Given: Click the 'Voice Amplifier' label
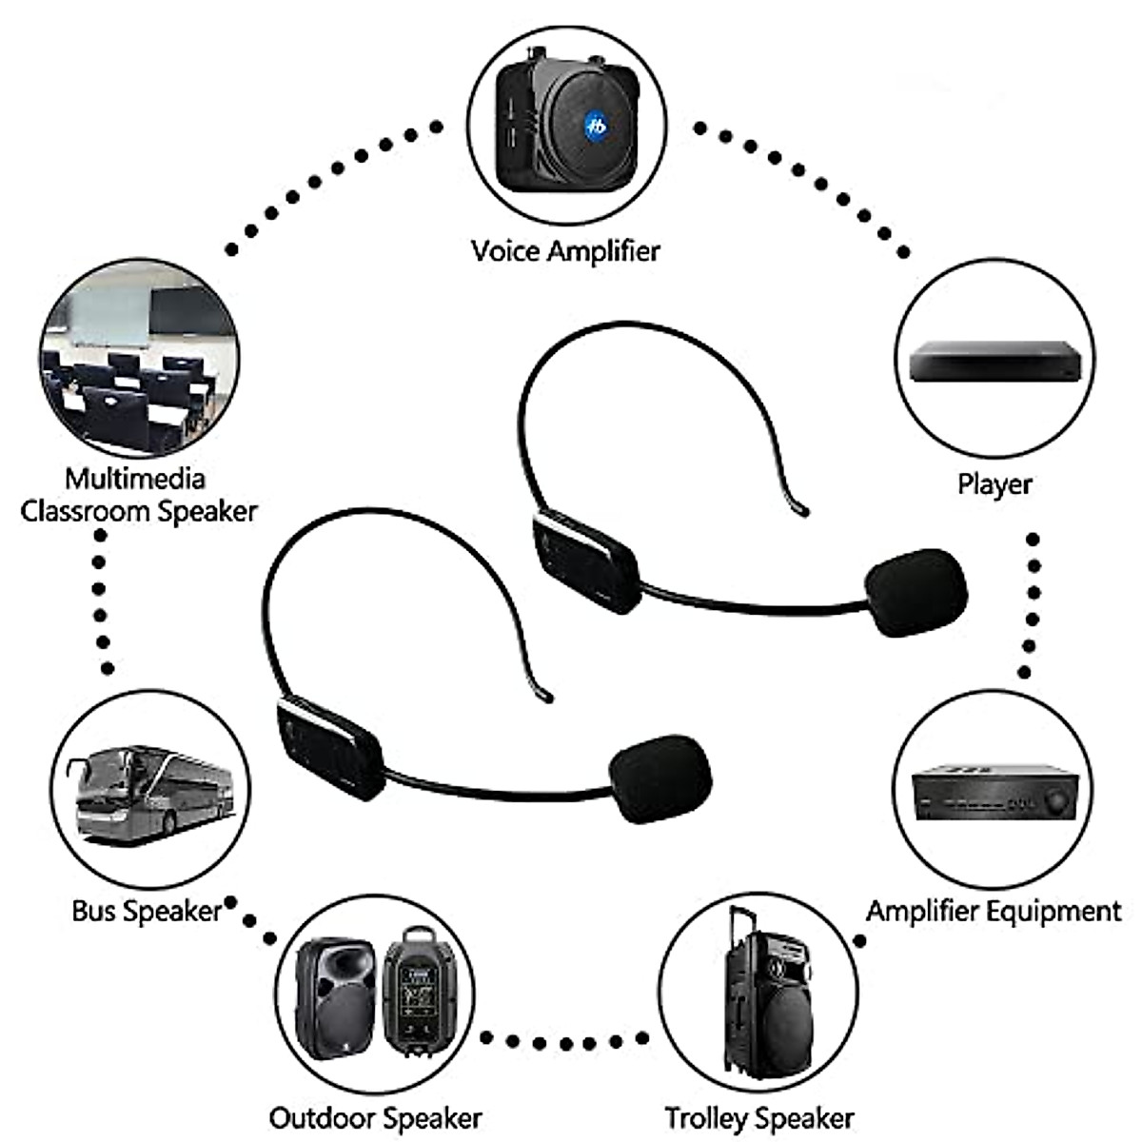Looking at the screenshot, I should click(x=565, y=251).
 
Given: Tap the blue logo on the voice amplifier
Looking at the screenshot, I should click(x=596, y=124).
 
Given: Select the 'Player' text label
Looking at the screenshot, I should click(x=994, y=483).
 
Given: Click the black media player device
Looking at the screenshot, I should click(x=994, y=362).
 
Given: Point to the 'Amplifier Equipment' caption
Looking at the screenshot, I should click(x=994, y=911).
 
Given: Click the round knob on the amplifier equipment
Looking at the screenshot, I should click(x=1054, y=801).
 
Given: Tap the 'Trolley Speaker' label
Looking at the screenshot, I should click(x=758, y=1117).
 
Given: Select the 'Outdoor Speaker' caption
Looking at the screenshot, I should click(x=375, y=1117).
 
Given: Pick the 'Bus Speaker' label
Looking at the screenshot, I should click(x=146, y=911).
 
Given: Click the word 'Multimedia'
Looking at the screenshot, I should click(x=134, y=478).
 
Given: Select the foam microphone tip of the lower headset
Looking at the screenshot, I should click(x=660, y=778).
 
